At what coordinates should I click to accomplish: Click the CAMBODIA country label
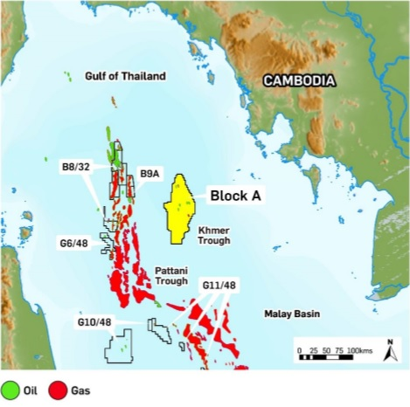coord(299,81)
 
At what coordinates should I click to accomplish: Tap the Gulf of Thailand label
coord(125,77)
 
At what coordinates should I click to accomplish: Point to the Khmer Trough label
coord(214,235)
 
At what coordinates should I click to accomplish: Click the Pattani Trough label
coord(171,275)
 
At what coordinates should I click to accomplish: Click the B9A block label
coord(149,174)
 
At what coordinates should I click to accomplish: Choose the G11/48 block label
coord(219,286)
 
